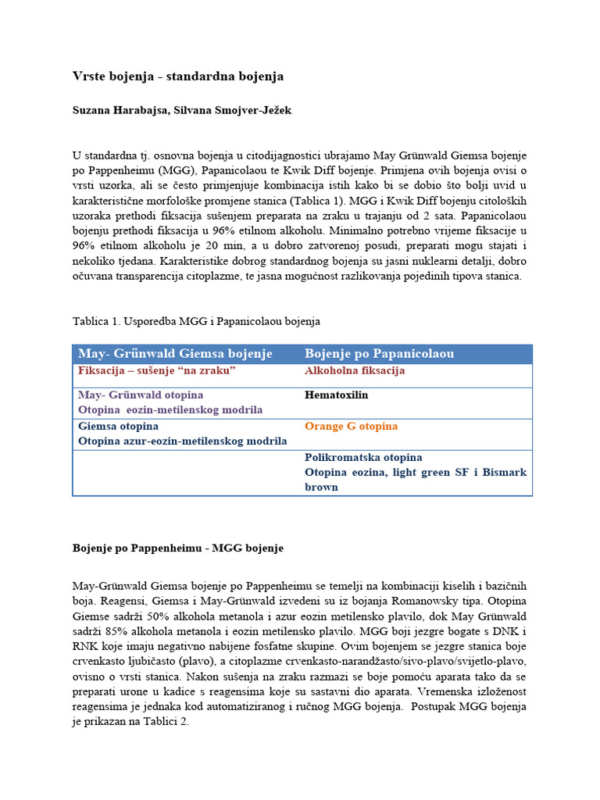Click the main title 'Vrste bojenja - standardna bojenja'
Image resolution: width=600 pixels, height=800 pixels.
(177, 77)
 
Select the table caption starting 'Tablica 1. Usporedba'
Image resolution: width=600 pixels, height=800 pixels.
(196, 321)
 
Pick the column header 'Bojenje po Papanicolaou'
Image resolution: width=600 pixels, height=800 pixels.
(379, 354)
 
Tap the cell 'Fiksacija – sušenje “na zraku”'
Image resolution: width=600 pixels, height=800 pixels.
(157, 371)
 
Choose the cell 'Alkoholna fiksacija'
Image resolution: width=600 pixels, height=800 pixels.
(355, 371)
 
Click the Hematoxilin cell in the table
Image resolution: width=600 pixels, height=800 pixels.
(336, 395)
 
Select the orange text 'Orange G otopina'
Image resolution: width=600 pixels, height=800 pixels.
(351, 427)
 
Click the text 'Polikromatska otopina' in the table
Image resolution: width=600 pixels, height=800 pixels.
(363, 458)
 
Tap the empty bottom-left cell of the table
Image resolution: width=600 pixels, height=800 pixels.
(186, 473)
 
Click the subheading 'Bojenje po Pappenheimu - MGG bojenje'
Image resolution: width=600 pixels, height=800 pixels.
(177, 548)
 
